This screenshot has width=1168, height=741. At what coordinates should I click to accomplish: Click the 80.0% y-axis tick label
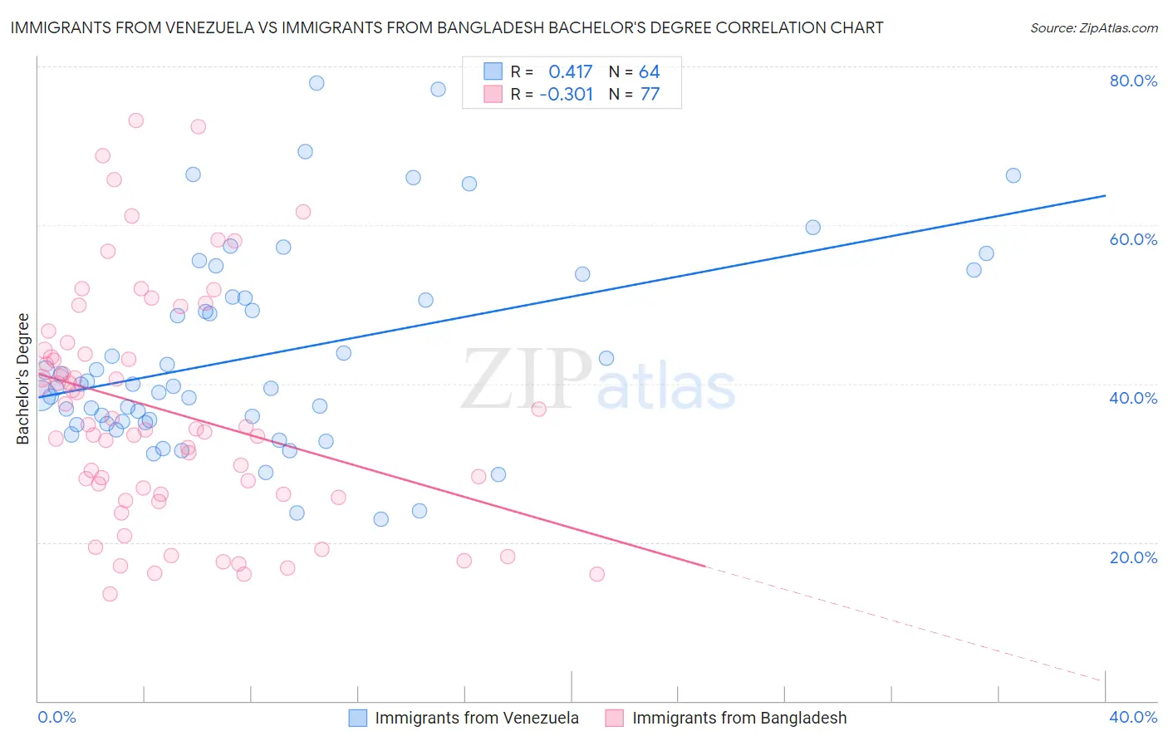coord(1133,81)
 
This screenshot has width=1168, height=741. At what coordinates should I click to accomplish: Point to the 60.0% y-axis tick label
coord(1133,239)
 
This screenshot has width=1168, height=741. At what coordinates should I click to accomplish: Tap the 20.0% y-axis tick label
coord(1133,557)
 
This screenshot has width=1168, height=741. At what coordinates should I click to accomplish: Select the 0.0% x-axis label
coord(56,717)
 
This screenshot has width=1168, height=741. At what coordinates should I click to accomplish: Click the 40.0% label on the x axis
coord(1133,717)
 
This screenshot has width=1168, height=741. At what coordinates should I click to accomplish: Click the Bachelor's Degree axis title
coord(23,379)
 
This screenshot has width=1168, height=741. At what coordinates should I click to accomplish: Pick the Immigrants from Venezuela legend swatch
coord(358,718)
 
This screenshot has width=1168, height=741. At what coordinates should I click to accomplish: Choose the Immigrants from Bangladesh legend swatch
coord(615,718)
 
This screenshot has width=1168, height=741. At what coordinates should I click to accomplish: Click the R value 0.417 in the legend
coord(570,72)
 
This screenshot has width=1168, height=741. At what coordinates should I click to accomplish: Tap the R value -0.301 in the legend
coord(566,95)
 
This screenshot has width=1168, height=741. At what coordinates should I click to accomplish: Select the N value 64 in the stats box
coord(649,72)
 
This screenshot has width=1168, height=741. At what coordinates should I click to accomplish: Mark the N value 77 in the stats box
coord(650,95)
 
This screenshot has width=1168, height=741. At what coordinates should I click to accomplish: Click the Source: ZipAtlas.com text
coord(1093,28)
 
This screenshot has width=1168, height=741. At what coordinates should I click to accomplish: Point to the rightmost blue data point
coord(1013,175)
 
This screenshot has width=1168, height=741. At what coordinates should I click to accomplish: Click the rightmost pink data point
coord(596,574)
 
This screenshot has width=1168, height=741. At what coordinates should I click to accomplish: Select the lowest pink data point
coord(110,594)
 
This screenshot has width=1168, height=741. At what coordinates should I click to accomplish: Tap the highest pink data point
coord(136,120)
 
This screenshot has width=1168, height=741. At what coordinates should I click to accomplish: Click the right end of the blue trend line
coord(1105,195)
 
